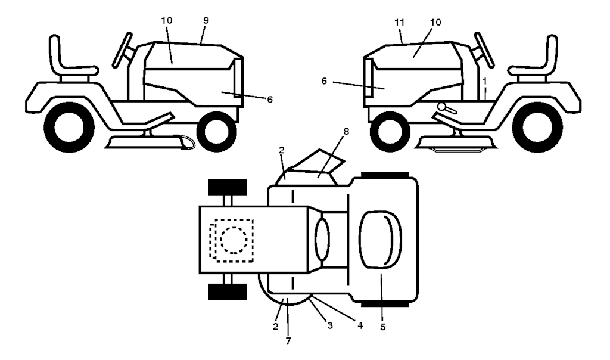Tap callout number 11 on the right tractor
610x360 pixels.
pos(400,22)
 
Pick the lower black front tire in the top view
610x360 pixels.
pos(228,292)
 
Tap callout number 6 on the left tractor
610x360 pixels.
pos(270,99)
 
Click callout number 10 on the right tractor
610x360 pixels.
pos(435,22)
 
